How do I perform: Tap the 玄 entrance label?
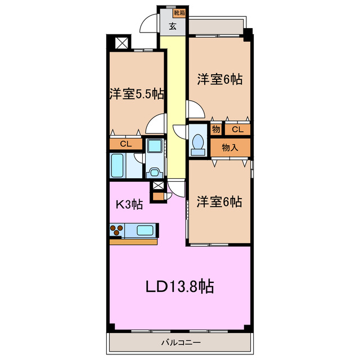[173, 25]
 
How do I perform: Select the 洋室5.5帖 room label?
[137, 93]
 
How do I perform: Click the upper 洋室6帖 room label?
[219, 80]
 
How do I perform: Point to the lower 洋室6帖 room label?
[219, 201]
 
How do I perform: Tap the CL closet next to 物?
[237, 129]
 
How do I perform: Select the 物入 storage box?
[229, 148]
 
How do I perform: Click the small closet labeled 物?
[216, 129]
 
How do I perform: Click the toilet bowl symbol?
[197, 143]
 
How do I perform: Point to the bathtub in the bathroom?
[118, 166]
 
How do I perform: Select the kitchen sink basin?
[144, 229]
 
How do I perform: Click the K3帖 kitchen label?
[129, 205]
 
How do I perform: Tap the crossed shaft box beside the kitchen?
[158, 187]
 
